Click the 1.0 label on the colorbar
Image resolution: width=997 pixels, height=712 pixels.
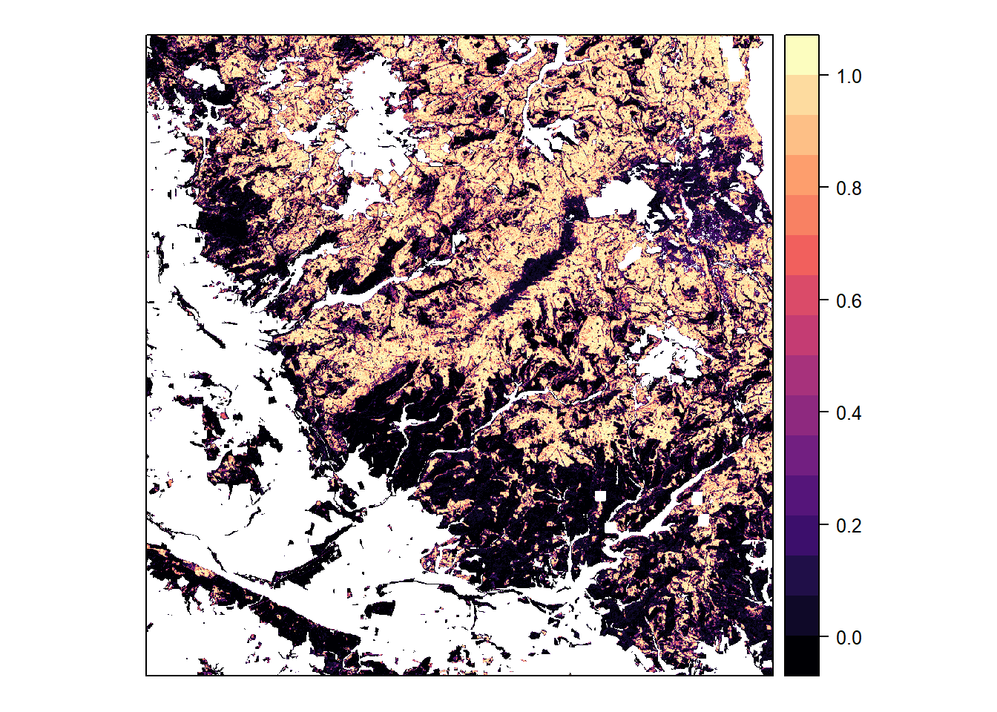(x=849, y=76)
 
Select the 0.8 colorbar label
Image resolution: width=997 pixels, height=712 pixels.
(x=849, y=188)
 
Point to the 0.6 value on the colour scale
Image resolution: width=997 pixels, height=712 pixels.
(x=849, y=300)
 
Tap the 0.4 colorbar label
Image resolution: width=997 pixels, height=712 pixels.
(x=849, y=412)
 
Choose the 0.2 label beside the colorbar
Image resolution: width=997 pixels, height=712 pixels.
(x=849, y=525)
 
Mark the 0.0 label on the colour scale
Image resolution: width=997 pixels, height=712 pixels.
(x=849, y=637)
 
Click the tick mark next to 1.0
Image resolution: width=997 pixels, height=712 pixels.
(x=823, y=76)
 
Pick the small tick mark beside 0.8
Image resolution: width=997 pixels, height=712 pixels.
(x=823, y=188)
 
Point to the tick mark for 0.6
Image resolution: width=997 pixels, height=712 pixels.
(x=823, y=300)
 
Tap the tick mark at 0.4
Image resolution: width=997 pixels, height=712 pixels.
(x=823, y=412)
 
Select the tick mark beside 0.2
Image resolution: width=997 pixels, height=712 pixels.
(x=823, y=525)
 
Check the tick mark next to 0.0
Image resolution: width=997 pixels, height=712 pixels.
(x=823, y=637)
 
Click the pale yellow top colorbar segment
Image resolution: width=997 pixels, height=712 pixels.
(x=802, y=54)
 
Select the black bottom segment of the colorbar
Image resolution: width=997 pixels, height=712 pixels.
(x=802, y=656)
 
